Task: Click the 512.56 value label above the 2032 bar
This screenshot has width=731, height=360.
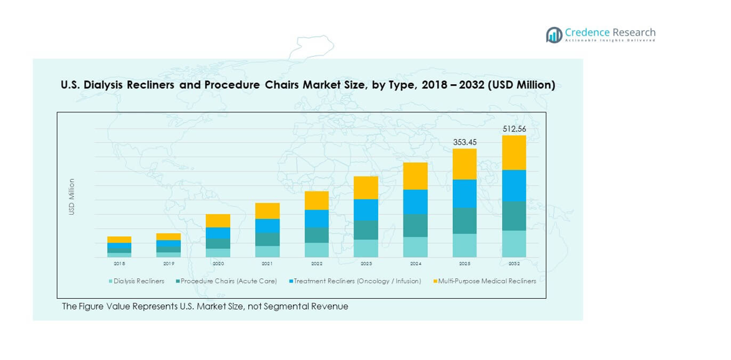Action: [514, 129]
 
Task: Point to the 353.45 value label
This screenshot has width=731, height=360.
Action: [464, 143]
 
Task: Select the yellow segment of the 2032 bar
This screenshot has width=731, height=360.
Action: [514, 153]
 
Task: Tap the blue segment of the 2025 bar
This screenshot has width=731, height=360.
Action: [464, 193]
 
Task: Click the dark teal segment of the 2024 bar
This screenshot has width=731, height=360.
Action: [415, 225]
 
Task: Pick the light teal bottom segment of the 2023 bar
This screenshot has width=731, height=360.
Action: [366, 248]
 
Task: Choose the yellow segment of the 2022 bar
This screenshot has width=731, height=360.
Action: [317, 200]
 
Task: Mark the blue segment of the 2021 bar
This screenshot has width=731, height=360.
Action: [268, 226]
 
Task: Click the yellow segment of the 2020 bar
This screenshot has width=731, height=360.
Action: [218, 221]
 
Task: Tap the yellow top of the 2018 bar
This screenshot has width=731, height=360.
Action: [119, 240]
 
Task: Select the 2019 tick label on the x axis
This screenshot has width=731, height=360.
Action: [168, 264]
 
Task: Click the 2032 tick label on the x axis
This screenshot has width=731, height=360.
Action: [514, 264]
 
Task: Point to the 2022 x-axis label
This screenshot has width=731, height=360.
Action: [317, 264]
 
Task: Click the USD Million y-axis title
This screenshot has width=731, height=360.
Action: [72, 197]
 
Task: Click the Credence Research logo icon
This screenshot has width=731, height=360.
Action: [554, 35]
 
